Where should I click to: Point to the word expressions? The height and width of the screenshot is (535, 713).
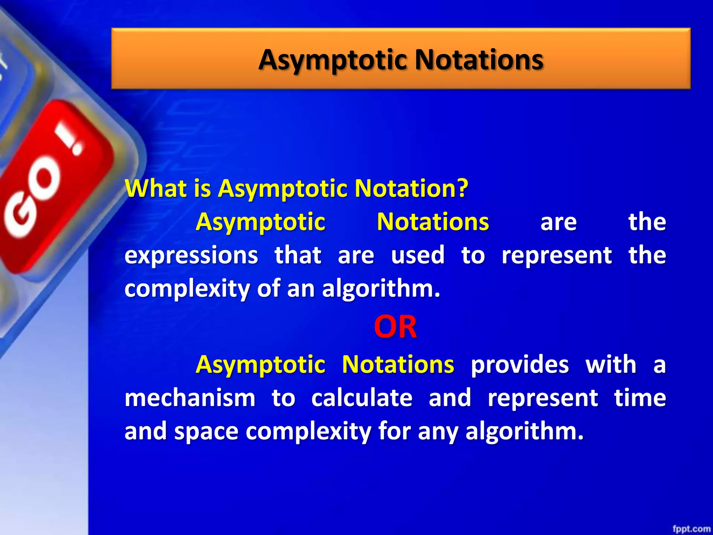[x=191, y=255]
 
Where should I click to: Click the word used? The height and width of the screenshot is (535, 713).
[x=418, y=255]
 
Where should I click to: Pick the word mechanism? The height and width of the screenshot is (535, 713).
[x=190, y=398]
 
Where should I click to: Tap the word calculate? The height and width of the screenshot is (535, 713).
[x=362, y=398]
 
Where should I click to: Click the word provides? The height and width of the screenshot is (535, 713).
[x=520, y=365]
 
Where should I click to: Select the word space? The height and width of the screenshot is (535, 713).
[x=206, y=432]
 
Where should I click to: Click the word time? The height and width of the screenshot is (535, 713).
[x=640, y=398]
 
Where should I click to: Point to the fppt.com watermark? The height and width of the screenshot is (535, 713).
[x=691, y=529]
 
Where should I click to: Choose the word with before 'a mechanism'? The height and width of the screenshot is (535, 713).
[x=611, y=365]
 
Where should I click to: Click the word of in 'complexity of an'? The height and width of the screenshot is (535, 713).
[x=268, y=289]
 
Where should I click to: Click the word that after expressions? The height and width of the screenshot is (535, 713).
[x=298, y=255]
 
